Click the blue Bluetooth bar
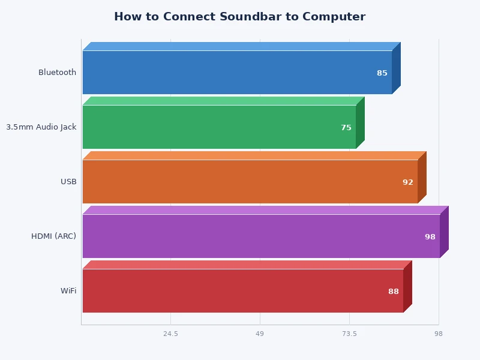coord(237,73)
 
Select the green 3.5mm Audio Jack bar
coord(219,127)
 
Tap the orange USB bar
coord(250,182)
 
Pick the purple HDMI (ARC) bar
coord(261,236)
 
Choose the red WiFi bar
coord(242,291)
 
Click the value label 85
coord(382,73)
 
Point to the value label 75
coord(346,128)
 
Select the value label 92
coord(408,182)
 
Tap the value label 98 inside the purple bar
coord(430,237)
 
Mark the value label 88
coord(394,292)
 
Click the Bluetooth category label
coord(57,73)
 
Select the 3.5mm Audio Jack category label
coord(41,127)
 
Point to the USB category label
coord(68,182)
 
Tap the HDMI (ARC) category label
coord(53,236)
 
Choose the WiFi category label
coord(68,291)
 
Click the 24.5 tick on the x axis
coord(170,334)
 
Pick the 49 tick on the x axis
coord(260,334)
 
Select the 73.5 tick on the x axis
coord(349,334)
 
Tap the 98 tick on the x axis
coord(439,334)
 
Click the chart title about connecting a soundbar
coord(239,17)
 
